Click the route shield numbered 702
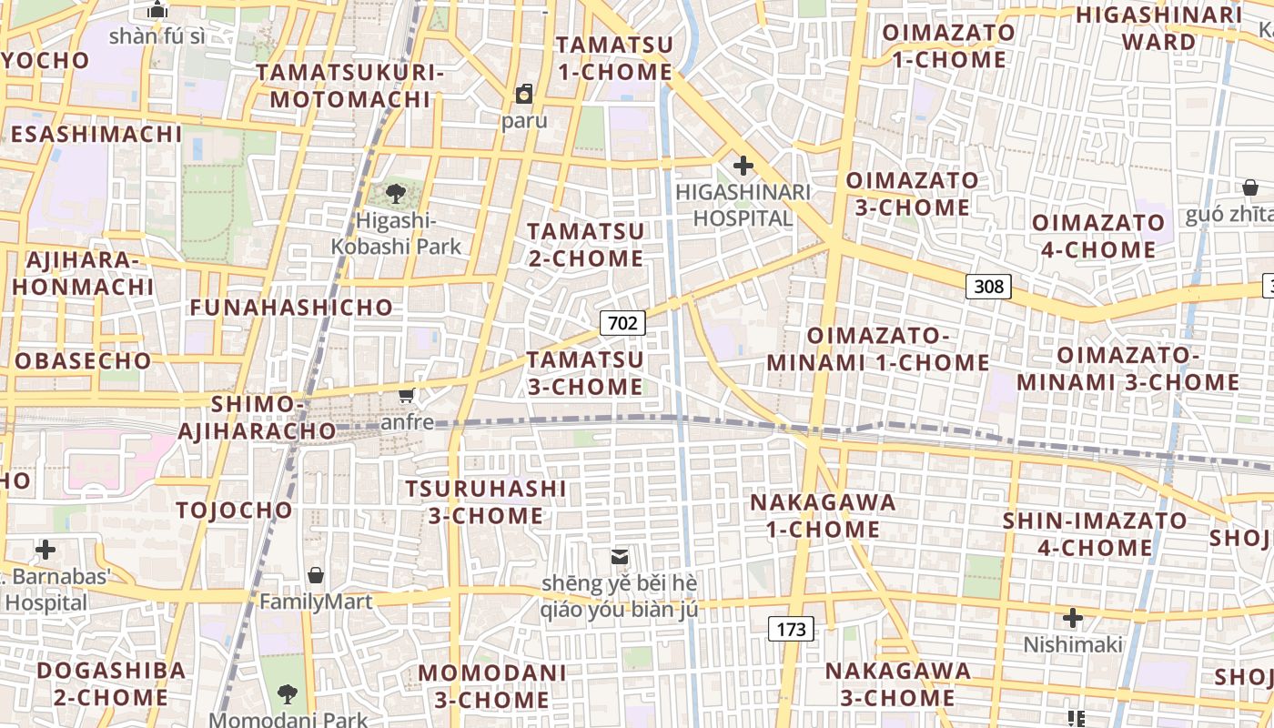[622, 322]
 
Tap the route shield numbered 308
[988, 287]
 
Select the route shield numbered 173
[792, 628]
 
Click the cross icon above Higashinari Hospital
[743, 166]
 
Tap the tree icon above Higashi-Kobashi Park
[396, 193]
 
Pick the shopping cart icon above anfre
[407, 396]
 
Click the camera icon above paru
[524, 94]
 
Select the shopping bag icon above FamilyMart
[316, 575]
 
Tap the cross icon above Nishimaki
[1073, 619]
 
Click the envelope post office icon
[620, 556]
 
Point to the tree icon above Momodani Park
[288, 694]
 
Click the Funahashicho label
[291, 308]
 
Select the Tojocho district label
[235, 510]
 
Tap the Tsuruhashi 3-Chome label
[486, 502]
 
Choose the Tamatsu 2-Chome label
[586, 245]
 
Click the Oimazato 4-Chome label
[1098, 236]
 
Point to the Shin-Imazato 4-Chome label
[1095, 534]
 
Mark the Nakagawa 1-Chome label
[823, 516]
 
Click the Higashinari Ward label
[1158, 28]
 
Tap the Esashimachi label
[96, 135]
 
